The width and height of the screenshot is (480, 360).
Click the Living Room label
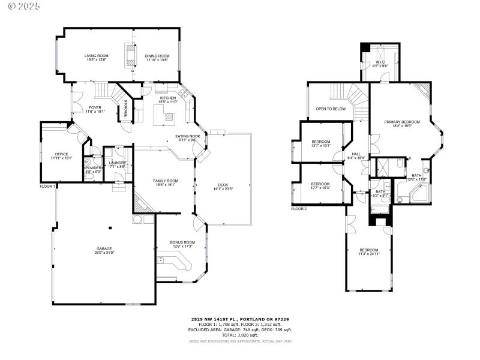(x=96, y=56)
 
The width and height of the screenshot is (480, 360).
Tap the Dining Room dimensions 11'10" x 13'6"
(x=157, y=60)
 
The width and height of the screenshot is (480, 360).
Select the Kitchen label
(x=167, y=98)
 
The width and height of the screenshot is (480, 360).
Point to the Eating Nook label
(x=187, y=136)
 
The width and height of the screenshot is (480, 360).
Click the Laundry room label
(x=117, y=163)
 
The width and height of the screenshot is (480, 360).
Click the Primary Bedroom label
(x=402, y=122)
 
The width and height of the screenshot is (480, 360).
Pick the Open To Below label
(x=331, y=109)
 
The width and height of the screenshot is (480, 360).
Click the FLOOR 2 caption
(x=299, y=209)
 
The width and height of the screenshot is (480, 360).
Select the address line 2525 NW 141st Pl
(x=240, y=319)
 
